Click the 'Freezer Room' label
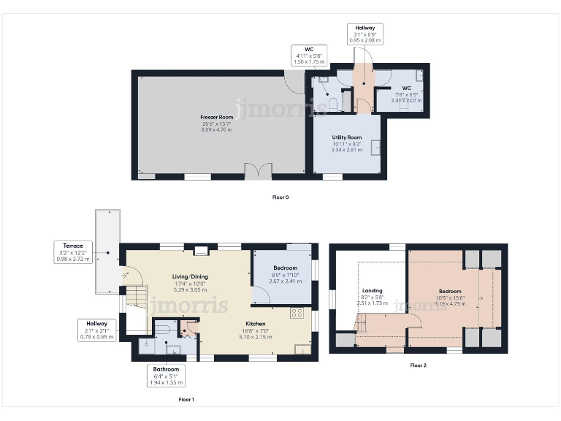point(217,117)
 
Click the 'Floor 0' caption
point(280,197)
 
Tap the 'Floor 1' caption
point(186,400)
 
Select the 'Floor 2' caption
point(418,365)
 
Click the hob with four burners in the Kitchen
point(297,313)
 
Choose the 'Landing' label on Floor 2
point(372,290)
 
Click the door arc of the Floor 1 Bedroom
point(262,296)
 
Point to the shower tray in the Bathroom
point(144,344)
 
